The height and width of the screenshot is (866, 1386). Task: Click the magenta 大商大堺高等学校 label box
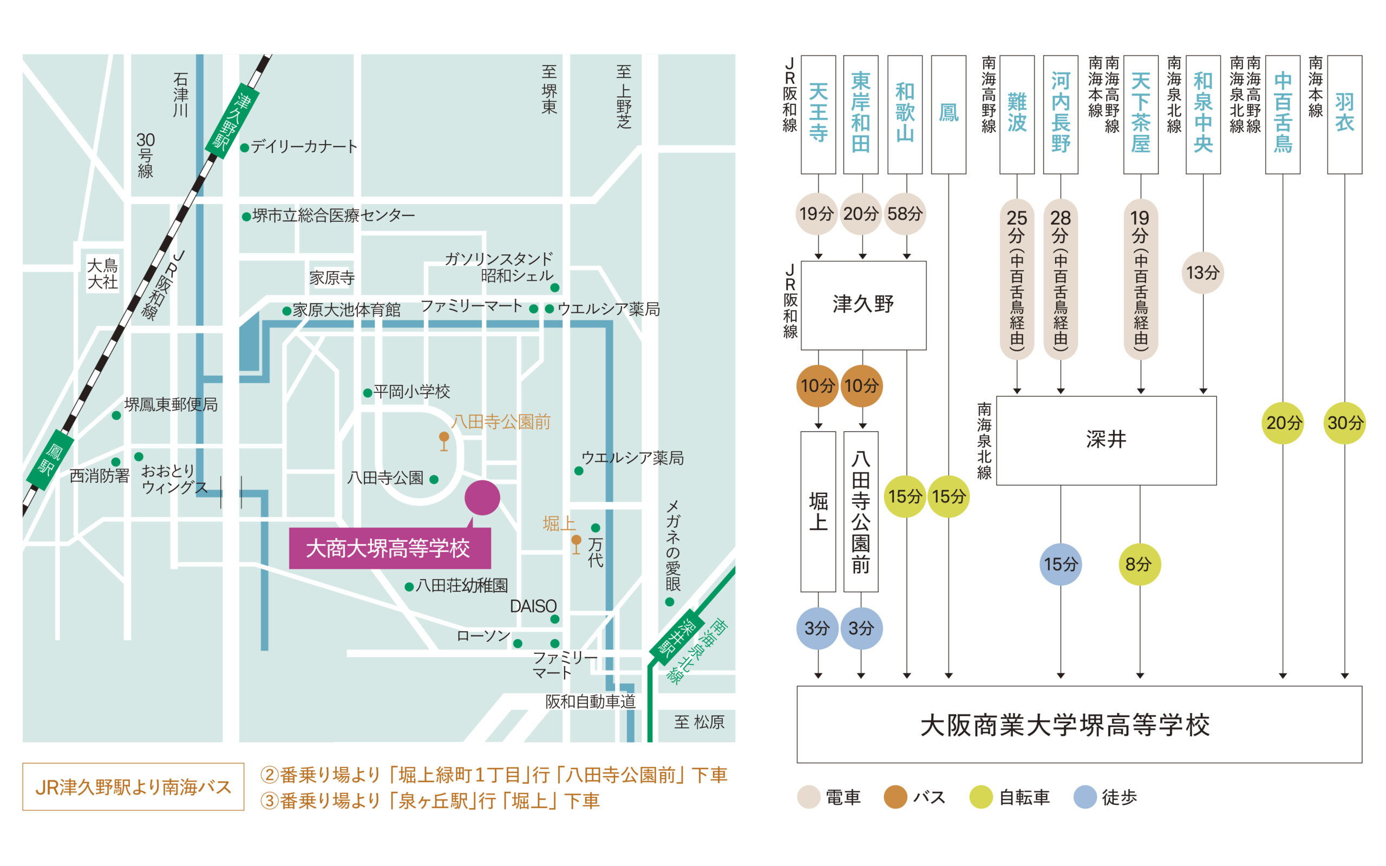tap(389, 548)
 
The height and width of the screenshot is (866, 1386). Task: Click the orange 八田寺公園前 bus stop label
tap(501, 422)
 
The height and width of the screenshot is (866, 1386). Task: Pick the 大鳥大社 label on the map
tap(102, 274)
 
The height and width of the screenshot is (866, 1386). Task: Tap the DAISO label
tap(533, 606)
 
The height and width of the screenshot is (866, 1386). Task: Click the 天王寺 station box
tap(818, 114)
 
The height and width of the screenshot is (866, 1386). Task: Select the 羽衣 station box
tap(1344, 114)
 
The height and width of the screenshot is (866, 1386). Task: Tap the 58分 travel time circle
tap(905, 214)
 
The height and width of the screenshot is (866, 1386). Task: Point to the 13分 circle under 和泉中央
tap(1202, 273)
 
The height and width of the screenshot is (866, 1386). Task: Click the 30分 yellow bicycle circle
tap(1344, 423)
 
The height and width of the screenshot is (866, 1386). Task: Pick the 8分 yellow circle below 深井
tap(1139, 564)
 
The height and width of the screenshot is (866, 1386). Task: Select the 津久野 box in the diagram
tap(863, 305)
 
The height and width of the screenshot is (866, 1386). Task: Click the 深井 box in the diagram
tap(1106, 440)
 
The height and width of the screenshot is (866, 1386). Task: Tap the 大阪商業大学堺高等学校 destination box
tap(1079, 724)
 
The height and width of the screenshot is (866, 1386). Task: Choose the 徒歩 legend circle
tap(1085, 797)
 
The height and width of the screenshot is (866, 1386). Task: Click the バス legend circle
tap(895, 797)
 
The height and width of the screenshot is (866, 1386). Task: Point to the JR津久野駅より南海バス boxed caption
tap(133, 786)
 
